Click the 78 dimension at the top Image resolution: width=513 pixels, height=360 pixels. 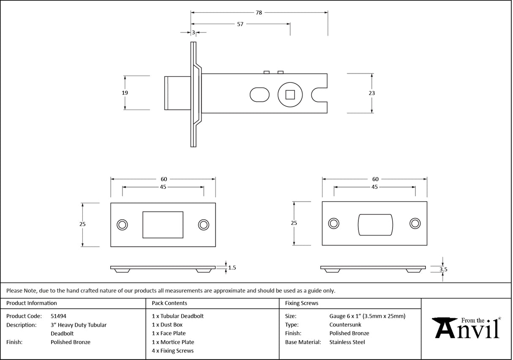pyautogui.click(x=259, y=13)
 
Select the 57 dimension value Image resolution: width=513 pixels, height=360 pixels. pyautogui.click(x=240, y=24)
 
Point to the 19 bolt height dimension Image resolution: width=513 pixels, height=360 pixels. pyautogui.click(x=125, y=93)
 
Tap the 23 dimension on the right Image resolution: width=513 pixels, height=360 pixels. pyautogui.click(x=372, y=93)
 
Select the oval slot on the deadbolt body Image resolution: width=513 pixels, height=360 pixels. pyautogui.click(x=259, y=95)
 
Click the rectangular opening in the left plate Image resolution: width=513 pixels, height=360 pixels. pyautogui.click(x=163, y=225)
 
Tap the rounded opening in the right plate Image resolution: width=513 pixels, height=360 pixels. pyautogui.click(x=375, y=224)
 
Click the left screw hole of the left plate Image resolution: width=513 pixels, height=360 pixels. pyautogui.click(x=123, y=225)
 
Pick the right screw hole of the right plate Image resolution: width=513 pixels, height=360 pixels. pyautogui.click(x=415, y=224)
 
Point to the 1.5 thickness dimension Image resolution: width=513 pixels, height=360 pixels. pyautogui.click(x=232, y=267)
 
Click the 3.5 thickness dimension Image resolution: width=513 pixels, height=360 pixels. pyautogui.click(x=443, y=269)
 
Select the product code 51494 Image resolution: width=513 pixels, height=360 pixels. pyautogui.click(x=58, y=316)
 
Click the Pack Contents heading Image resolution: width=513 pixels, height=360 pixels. pyautogui.click(x=169, y=303)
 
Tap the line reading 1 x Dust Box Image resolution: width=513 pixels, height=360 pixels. pyautogui.click(x=167, y=325)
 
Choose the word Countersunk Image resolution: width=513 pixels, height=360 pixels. pyautogui.click(x=345, y=325)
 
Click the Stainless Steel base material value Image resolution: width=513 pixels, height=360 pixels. pyautogui.click(x=347, y=342)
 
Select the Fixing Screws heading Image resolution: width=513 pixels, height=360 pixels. pyautogui.click(x=302, y=303)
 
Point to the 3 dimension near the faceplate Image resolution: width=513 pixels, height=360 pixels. pyautogui.click(x=193, y=33)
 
